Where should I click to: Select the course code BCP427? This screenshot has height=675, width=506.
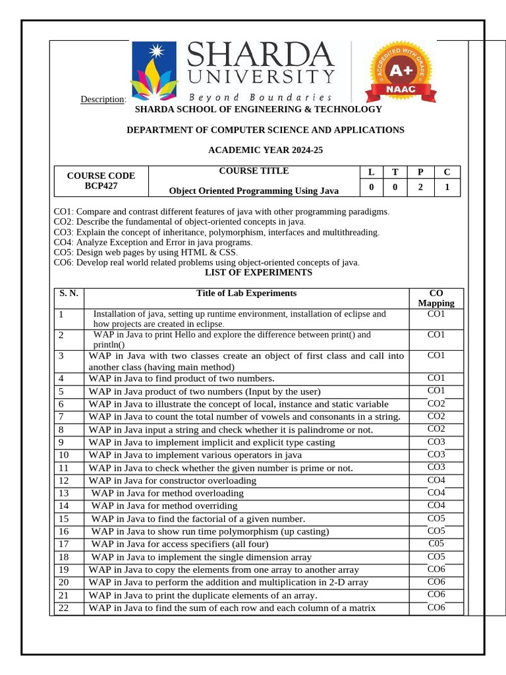tap(101, 187)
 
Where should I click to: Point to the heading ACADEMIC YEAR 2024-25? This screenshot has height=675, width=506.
tap(266, 150)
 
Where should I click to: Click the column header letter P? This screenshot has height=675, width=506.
tap(420, 172)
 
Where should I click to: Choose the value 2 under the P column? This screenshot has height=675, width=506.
tap(420, 187)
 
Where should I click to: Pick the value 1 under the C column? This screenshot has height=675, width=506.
tap(447, 187)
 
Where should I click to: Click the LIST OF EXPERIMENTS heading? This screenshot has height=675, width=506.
tap(258, 272)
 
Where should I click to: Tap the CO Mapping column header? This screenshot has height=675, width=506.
tap(436, 298)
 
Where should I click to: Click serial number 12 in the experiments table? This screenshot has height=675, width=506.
tap(63, 481)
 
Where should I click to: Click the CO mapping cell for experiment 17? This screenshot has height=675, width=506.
tap(436, 544)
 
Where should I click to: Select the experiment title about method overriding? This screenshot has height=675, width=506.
tap(164, 506)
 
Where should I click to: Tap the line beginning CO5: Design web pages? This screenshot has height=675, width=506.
tap(146, 252)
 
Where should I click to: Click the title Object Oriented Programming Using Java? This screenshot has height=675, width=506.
tap(254, 191)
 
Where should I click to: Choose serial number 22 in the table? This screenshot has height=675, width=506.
tap(63, 608)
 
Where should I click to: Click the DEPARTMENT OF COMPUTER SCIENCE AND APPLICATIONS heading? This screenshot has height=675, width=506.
tap(265, 130)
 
